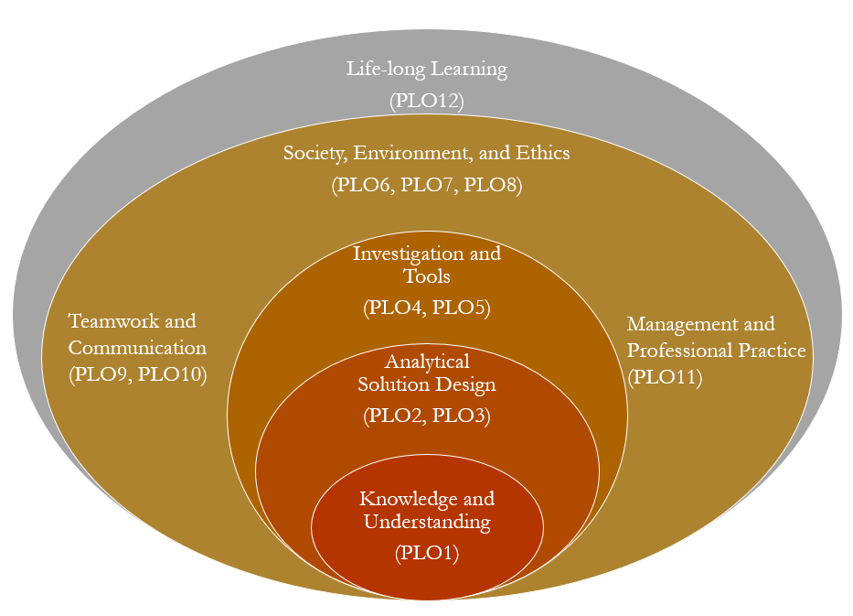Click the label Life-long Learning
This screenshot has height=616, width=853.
pyautogui.click(x=426, y=70)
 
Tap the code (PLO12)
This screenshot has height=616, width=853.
pyautogui.click(x=426, y=100)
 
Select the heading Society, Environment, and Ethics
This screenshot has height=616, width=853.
pyautogui.click(x=426, y=153)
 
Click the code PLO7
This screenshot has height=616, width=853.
pyautogui.click(x=428, y=185)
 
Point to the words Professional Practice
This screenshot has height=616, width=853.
pyautogui.click(x=716, y=351)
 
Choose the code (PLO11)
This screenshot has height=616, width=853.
pyautogui.click(x=664, y=376)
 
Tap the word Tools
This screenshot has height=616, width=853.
pyautogui.click(x=427, y=276)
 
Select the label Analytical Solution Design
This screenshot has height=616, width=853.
pyautogui.click(x=427, y=373)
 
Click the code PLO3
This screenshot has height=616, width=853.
pyautogui.click(x=460, y=416)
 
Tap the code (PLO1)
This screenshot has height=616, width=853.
pyautogui.click(x=427, y=553)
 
